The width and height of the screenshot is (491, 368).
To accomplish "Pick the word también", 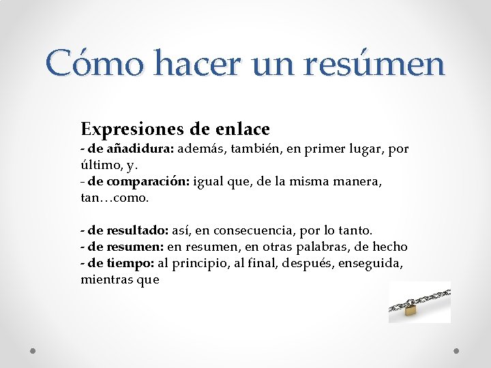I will pos(251,149).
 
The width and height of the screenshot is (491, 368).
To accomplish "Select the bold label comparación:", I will pos(149,181).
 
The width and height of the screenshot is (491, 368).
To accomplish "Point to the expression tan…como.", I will pos(114,198).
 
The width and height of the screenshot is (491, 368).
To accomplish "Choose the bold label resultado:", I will pos(137,230).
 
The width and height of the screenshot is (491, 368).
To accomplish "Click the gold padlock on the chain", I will pos(411,310).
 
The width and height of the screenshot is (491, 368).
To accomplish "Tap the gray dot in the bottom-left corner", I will pos(33,351).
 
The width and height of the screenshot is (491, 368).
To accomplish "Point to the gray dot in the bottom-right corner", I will pos(457,351).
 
